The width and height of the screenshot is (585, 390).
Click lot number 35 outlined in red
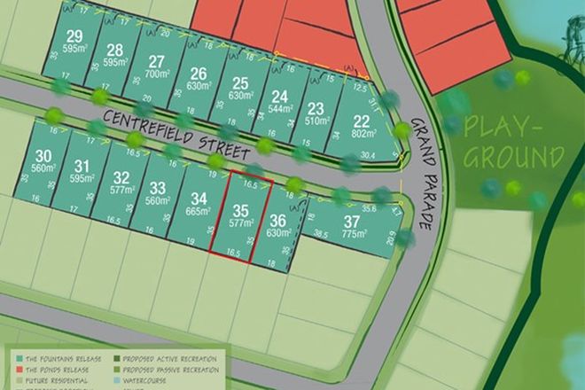click(x=239, y=211)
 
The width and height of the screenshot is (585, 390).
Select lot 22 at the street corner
click(x=361, y=121)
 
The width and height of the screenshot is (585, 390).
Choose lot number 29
click(x=74, y=36)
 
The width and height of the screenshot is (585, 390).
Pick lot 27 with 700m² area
click(x=157, y=61)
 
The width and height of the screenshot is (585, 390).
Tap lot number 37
click(x=352, y=220)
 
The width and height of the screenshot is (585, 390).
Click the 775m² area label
click(x=353, y=233)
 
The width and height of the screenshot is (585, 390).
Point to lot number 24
click(x=280, y=97)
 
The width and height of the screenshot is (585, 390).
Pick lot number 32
click(x=121, y=177)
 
